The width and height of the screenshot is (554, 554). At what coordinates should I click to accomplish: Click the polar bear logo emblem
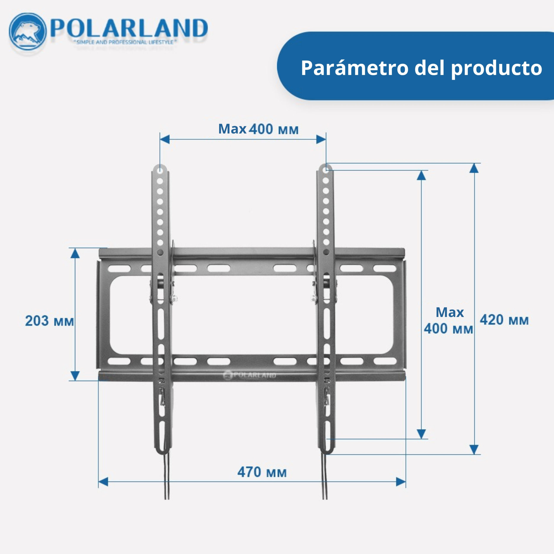(27, 32)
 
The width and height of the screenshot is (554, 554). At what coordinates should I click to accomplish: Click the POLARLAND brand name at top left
(129, 28)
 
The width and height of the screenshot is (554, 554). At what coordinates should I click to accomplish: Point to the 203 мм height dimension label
(50, 320)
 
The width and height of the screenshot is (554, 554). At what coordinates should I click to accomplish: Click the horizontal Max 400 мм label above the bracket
(258, 129)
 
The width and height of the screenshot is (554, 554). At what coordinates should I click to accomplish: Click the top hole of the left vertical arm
(160, 169)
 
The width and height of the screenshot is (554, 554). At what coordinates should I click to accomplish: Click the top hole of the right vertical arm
(325, 169)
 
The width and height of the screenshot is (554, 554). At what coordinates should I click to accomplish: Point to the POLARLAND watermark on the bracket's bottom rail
(250, 375)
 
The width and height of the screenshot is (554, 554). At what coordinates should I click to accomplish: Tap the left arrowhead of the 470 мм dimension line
(103, 482)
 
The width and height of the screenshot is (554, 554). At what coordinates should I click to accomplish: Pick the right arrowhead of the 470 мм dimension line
(401, 482)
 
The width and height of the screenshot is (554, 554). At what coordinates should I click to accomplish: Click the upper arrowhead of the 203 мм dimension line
(75, 253)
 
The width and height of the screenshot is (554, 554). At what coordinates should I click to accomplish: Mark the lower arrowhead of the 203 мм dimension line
(75, 376)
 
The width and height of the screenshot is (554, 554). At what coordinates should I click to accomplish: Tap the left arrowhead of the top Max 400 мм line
(165, 140)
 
